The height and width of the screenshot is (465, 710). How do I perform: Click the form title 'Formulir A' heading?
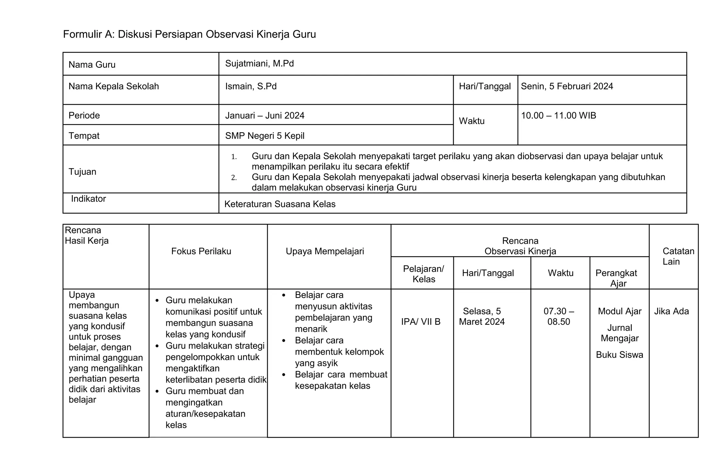(189, 34)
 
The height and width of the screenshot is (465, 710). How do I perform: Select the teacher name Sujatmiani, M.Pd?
(259, 64)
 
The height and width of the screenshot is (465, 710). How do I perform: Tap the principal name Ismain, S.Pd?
(251, 86)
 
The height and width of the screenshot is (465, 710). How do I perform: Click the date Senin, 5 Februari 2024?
(567, 86)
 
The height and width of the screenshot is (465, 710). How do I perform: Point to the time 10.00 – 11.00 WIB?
(558, 115)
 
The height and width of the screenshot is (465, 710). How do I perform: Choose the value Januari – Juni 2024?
(265, 115)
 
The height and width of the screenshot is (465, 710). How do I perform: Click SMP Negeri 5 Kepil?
(265, 136)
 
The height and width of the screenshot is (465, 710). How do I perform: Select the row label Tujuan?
(82, 172)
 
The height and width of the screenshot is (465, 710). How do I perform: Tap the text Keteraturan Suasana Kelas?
(280, 204)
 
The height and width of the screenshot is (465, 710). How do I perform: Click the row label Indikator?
(88, 199)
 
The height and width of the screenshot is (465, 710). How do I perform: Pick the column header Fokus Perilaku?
(201, 251)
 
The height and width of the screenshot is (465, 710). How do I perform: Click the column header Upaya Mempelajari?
(325, 251)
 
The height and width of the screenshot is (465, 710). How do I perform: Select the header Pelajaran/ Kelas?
(423, 274)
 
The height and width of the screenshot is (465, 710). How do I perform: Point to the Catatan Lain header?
(678, 256)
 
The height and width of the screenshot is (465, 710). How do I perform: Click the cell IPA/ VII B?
(421, 322)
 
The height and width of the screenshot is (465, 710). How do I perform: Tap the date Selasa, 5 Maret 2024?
(482, 316)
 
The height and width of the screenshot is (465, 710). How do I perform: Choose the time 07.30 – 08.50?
(559, 316)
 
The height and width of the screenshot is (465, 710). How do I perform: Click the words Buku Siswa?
(619, 355)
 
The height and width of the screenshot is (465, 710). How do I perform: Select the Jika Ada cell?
(671, 311)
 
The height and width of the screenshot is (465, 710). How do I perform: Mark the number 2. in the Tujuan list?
(234, 178)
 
